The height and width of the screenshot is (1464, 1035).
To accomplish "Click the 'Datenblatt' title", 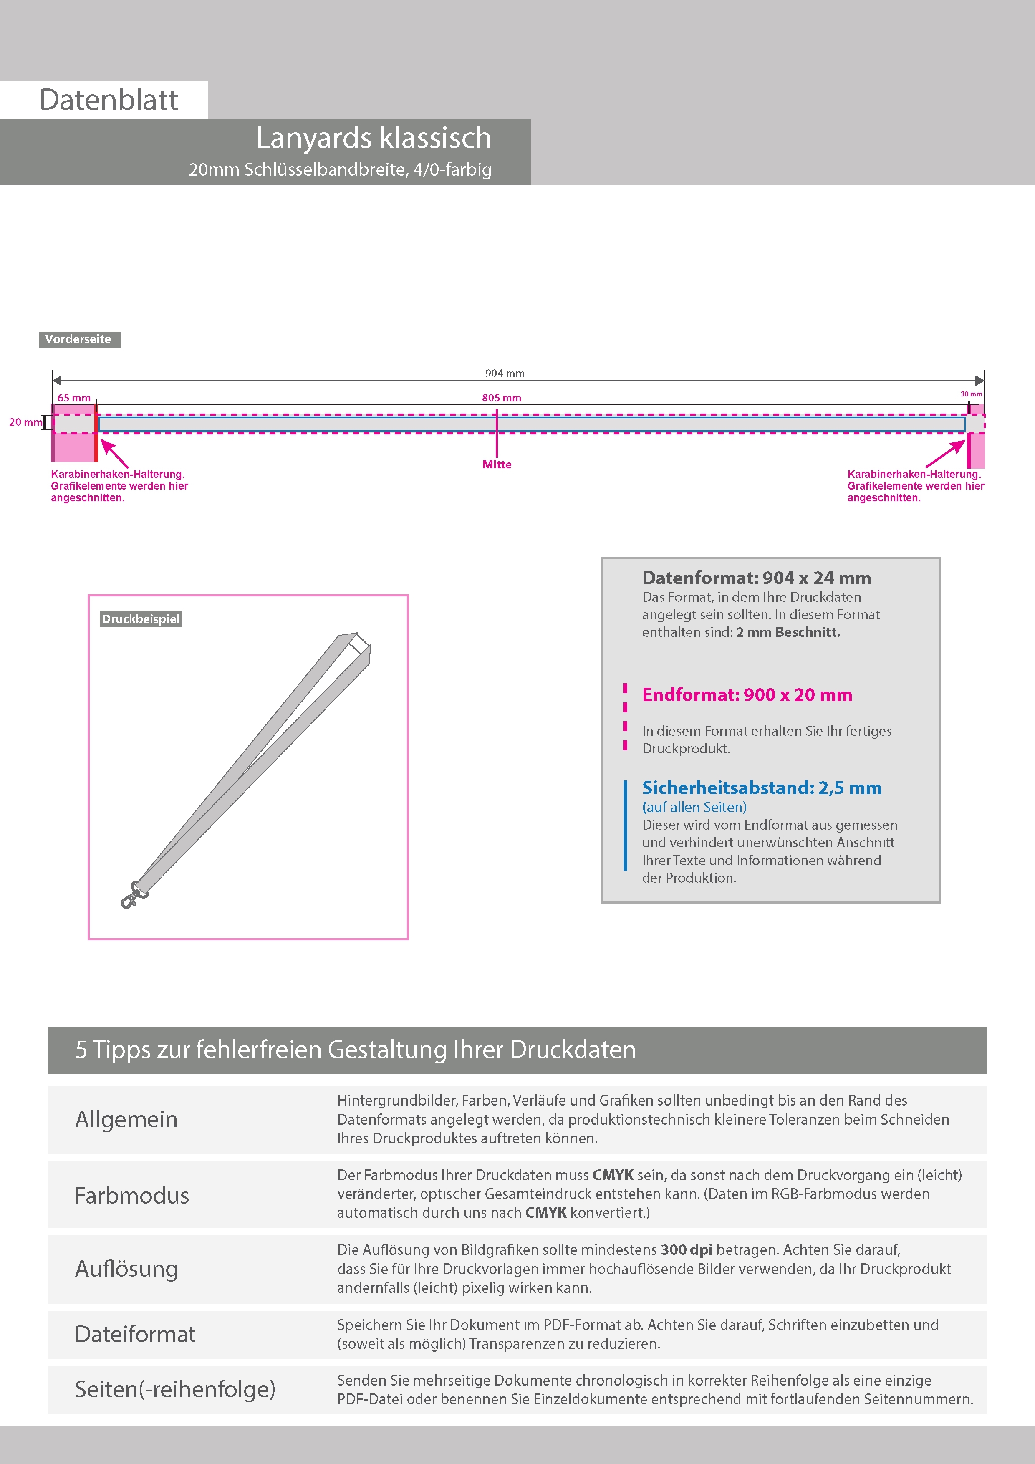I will [109, 100].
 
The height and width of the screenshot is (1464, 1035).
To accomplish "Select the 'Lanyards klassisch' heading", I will [373, 138].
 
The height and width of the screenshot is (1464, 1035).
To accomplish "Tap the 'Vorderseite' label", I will [78, 339].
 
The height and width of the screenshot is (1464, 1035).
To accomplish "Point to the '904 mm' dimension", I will [505, 373].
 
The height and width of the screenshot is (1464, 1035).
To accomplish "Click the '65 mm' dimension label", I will [74, 398].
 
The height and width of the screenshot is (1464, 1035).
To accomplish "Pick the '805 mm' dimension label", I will [501, 398].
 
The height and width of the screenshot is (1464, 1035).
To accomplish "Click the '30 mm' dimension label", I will [971, 394].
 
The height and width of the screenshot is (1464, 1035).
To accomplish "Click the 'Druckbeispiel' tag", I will [140, 619].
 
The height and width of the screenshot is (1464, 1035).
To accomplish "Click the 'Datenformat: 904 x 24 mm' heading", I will [756, 578].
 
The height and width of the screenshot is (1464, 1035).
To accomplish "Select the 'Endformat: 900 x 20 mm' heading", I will [747, 694].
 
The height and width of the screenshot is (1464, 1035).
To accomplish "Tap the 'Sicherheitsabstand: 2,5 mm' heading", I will [761, 788].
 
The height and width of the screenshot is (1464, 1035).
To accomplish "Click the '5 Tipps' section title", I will [355, 1050].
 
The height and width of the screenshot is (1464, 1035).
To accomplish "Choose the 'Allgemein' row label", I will [126, 1119].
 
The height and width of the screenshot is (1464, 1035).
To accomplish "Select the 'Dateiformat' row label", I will [135, 1334].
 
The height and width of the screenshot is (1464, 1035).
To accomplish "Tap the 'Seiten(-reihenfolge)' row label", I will [175, 1389].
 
